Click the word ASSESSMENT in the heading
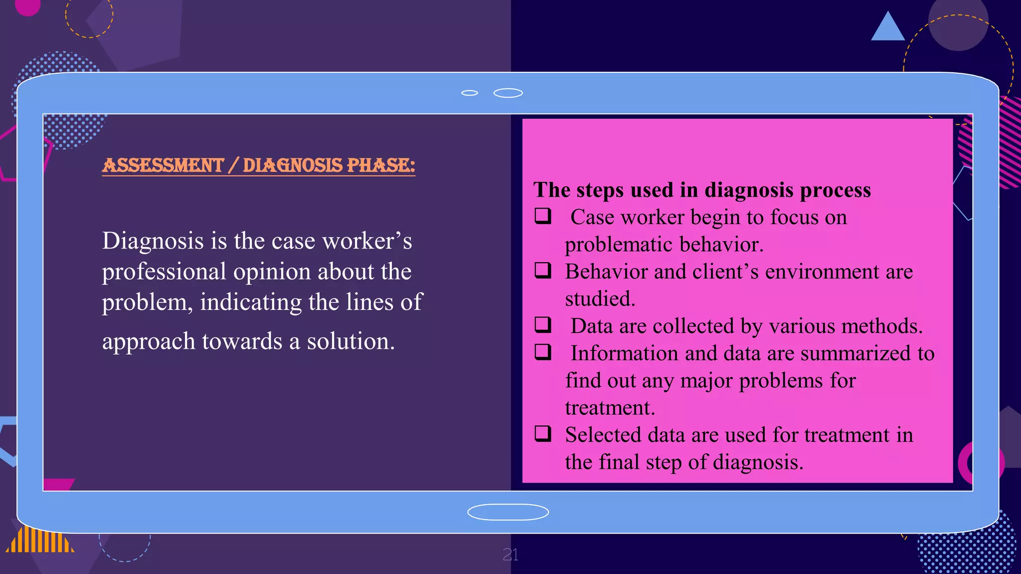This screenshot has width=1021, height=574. [x=163, y=165]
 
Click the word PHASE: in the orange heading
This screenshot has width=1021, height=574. [x=380, y=165]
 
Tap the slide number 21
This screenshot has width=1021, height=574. [x=510, y=555]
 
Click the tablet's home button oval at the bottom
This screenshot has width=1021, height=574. [x=508, y=512]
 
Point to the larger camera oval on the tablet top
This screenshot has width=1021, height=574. [x=508, y=93]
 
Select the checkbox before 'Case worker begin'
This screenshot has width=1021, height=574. [x=543, y=216]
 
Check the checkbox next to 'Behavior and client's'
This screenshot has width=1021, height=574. [x=543, y=270]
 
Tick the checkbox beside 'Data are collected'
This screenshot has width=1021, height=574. [x=543, y=324]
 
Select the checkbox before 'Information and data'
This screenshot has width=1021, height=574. [x=543, y=352]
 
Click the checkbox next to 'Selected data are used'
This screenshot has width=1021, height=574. [x=543, y=433]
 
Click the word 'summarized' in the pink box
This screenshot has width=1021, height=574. [x=856, y=354]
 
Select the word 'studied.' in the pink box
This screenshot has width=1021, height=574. [x=600, y=299]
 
